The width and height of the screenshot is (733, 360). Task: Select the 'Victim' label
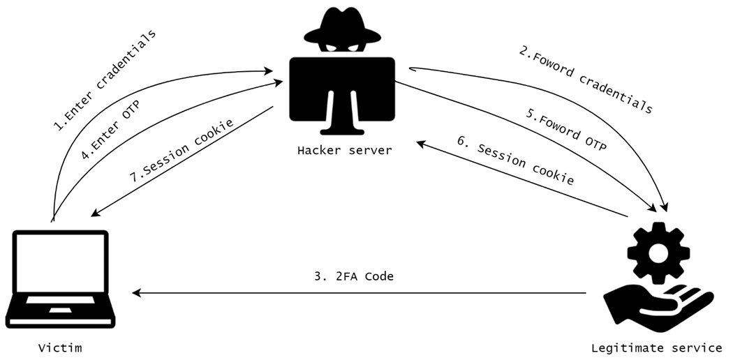click(60, 347)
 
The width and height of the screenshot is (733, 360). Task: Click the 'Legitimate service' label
click(656, 347)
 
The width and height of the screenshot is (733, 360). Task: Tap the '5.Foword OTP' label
click(565, 131)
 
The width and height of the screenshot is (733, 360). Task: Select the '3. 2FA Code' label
click(354, 276)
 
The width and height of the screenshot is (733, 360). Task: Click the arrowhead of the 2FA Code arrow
click(138, 294)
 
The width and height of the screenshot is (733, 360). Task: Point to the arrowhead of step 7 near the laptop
click(96, 213)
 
